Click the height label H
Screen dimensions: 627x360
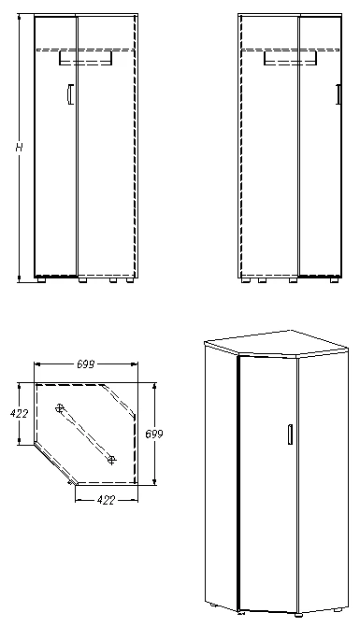pyautogui.click(x=18, y=148)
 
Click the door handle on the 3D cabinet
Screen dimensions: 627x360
pyautogui.click(x=291, y=435)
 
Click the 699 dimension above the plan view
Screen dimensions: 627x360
pyautogui.click(x=90, y=363)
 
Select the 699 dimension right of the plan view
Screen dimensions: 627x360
pyautogui.click(x=155, y=433)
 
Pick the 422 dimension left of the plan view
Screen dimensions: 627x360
pyautogui.click(x=19, y=412)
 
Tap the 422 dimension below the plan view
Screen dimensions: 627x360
pyautogui.click(x=106, y=500)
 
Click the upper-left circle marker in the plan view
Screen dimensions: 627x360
pyautogui.click(x=60, y=407)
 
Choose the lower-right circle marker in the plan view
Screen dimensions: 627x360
pyautogui.click(x=112, y=458)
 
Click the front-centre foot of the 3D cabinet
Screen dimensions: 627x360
pyautogui.click(x=240, y=613)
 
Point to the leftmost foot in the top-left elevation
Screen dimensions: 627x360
pyautogui.click(x=41, y=279)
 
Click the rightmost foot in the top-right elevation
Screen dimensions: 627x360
pyautogui.click(x=332, y=279)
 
